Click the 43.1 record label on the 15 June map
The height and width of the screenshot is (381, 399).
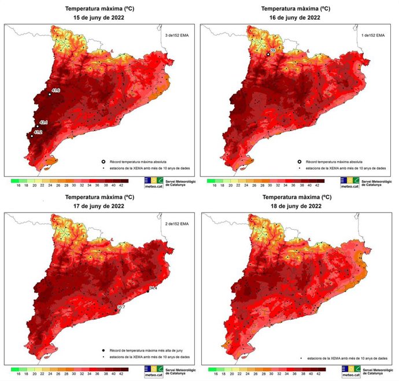click(43, 123)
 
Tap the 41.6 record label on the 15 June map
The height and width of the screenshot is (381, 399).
click(56, 91)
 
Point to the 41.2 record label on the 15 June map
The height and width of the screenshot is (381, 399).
click(38, 133)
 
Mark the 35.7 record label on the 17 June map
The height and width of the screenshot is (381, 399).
click(121, 307)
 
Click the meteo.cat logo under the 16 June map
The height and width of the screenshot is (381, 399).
click(349, 184)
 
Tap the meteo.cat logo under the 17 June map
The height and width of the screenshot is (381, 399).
click(152, 371)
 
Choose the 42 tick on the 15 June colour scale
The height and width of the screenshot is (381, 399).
click(120, 186)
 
